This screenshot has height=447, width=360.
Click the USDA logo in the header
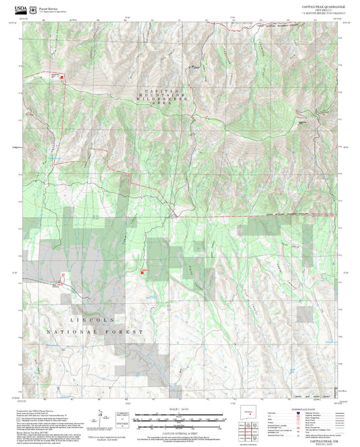tap(22, 5)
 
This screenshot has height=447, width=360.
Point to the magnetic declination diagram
tap(101, 415)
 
